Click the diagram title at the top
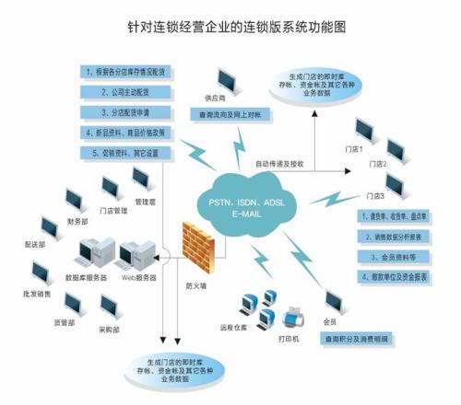[x=230, y=27]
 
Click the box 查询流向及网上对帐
[x=230, y=115]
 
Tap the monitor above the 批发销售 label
[x=41, y=272]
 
